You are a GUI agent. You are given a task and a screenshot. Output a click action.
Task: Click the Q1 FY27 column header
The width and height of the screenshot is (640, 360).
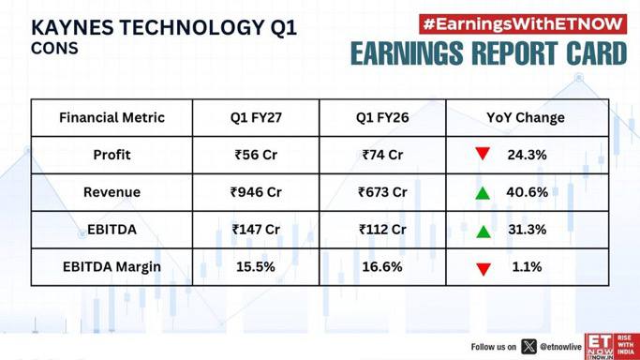256,117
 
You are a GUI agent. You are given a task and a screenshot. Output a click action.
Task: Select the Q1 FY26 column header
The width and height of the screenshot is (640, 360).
382,117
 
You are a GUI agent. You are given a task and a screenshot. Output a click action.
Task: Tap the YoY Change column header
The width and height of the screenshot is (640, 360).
526,117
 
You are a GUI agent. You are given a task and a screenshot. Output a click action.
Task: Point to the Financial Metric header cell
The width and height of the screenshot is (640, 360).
112,117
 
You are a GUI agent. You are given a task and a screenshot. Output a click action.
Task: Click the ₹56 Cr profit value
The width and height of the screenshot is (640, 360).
256,155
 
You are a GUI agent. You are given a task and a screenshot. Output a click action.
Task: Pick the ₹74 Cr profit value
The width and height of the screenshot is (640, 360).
382,155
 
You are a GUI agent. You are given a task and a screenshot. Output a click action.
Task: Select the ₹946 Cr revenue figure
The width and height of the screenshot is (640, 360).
256,192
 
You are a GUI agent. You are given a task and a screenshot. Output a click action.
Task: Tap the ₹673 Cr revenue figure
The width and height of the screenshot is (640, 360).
382,192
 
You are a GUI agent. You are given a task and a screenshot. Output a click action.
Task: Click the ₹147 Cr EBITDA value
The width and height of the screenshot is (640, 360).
256,230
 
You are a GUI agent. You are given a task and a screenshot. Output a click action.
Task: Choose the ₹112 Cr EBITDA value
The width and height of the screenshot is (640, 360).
382,230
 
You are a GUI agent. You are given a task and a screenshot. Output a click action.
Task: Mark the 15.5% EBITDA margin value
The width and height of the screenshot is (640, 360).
256,267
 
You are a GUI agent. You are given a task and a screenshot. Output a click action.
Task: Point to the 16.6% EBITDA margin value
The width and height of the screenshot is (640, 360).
382,267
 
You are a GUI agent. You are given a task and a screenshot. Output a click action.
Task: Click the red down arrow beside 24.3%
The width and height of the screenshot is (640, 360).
483,154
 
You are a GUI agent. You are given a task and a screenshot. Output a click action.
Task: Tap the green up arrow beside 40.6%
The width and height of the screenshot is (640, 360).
483,192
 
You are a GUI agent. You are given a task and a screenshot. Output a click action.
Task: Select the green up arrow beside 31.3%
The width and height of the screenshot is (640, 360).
484,232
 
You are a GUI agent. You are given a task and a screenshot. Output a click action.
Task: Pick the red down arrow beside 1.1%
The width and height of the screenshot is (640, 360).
484,269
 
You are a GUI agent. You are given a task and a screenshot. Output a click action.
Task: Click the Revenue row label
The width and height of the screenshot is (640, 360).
112,192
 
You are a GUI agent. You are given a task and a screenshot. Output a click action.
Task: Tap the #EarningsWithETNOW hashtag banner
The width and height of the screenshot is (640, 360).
523,24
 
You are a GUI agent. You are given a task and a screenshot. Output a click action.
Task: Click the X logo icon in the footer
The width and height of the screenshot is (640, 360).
529,347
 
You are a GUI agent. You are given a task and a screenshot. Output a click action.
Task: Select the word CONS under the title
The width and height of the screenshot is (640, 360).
54,49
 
